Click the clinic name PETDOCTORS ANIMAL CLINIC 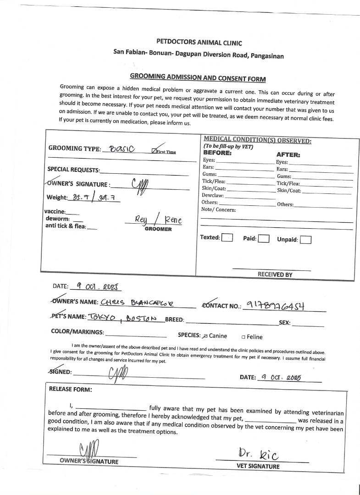(x=199, y=43)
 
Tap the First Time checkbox (x=154, y=151)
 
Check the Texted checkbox (x=227, y=238)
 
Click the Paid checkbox (x=263, y=238)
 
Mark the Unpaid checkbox (x=306, y=239)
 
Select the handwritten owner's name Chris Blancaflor (x=139, y=302)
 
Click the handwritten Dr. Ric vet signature (x=258, y=455)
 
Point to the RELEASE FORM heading (x=70, y=390)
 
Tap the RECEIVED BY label (x=275, y=275)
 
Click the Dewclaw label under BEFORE (x=212, y=195)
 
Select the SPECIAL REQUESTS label (x=73, y=169)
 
